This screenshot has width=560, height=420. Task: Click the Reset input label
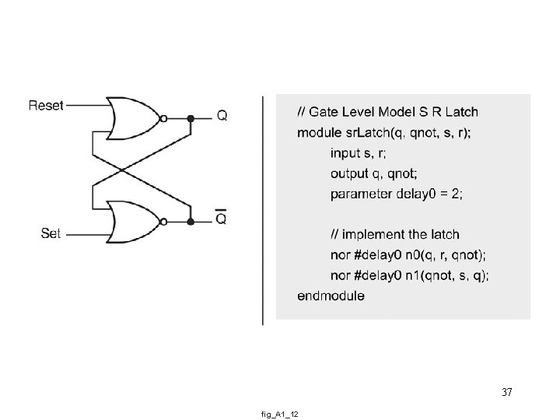point(46,105)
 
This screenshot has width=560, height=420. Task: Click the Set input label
point(51,233)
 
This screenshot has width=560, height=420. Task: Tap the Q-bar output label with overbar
point(222,219)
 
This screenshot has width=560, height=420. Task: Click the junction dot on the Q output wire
point(191,119)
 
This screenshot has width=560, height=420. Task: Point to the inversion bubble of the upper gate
point(164,119)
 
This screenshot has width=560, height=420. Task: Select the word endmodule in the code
point(331,296)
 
